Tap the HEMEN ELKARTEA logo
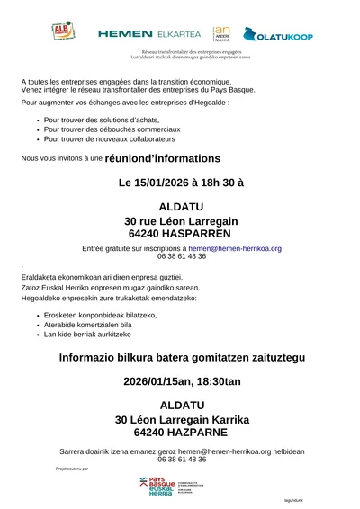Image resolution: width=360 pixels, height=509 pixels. pyautogui.click(x=150, y=33)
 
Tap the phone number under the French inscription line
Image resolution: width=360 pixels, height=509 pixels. pyautogui.click(x=181, y=256)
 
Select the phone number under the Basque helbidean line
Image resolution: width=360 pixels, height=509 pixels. pyautogui.click(x=181, y=459)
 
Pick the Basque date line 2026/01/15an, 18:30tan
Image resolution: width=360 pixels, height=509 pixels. pyautogui.click(x=181, y=380)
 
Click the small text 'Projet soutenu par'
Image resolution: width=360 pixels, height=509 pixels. pyautogui.click(x=72, y=469)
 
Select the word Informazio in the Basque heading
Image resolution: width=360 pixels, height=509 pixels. pyautogui.click(x=69, y=357)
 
